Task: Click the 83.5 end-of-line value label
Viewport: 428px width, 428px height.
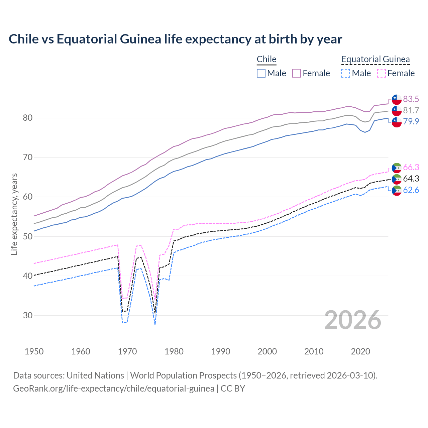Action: [x=411, y=99]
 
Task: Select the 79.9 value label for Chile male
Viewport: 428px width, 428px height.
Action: [x=411, y=121]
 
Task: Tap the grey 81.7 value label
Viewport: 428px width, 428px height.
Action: [x=411, y=110]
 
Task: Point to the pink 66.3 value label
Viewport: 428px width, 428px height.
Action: [x=411, y=167]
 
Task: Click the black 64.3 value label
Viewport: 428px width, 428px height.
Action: [x=411, y=179]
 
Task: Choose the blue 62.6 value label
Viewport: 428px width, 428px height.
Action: [x=411, y=190]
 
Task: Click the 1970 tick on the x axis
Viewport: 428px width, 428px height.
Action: [x=127, y=351]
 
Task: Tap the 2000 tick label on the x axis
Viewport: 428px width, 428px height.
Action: [x=267, y=351]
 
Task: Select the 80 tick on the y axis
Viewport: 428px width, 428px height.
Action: [x=28, y=118]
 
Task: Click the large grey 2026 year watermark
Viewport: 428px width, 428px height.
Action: [x=353, y=320]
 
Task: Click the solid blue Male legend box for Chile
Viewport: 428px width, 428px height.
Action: [x=261, y=73]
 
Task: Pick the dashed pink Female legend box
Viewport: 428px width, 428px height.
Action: [x=382, y=73]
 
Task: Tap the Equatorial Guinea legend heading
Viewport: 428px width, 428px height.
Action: [x=376, y=59]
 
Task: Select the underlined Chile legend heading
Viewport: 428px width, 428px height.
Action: [x=266, y=59]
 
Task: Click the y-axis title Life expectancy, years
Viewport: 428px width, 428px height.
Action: [x=14, y=214]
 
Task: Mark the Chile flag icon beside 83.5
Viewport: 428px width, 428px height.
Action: [x=397, y=99]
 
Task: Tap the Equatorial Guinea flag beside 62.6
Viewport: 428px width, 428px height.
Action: [x=397, y=190]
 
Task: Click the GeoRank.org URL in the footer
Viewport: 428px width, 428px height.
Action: [x=114, y=389]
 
